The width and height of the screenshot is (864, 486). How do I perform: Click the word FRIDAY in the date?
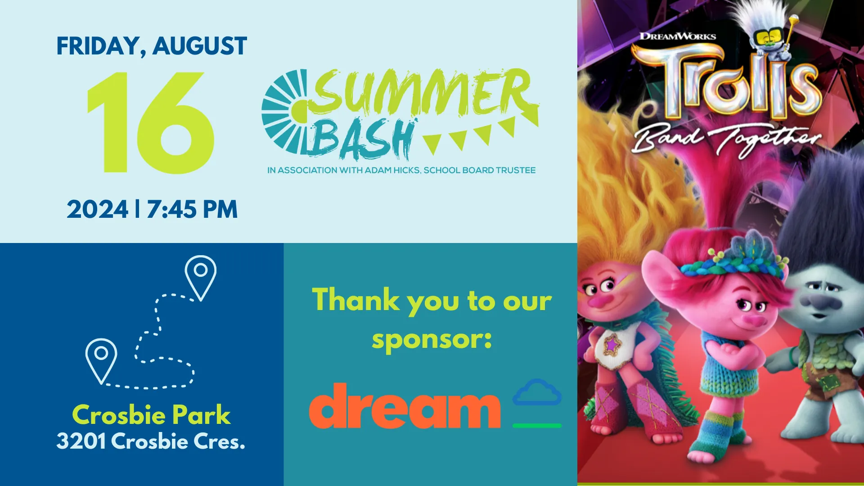98,46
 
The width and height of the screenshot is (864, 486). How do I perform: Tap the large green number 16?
150,122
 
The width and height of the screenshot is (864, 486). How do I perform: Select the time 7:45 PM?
192,209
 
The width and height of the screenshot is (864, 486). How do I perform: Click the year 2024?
97,209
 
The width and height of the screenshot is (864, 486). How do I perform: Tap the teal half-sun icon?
284,112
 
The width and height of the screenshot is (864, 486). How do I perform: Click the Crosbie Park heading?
151,414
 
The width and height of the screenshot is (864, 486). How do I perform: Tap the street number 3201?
81,441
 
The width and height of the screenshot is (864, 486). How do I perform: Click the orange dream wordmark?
405,406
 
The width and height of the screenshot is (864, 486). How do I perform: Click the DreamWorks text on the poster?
678,36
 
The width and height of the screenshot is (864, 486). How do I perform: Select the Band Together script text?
726,139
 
